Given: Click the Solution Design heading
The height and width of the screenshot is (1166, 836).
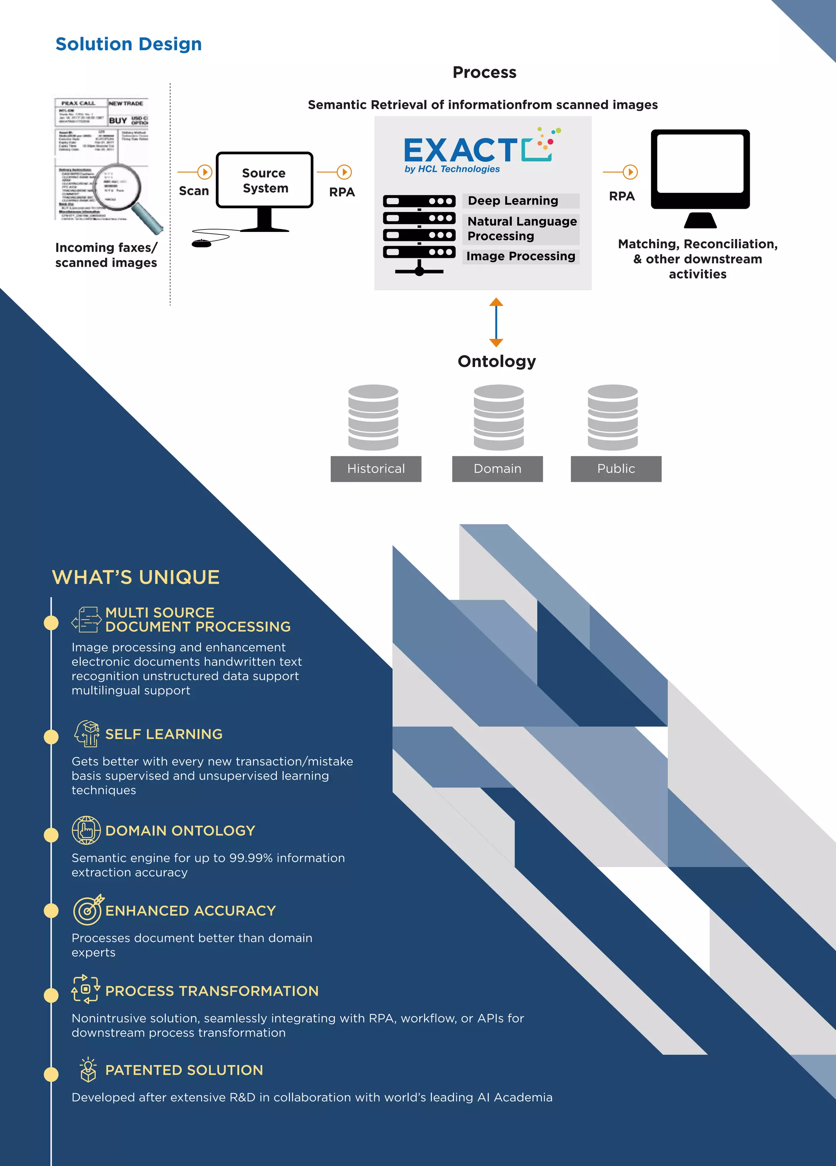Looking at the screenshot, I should (x=129, y=44).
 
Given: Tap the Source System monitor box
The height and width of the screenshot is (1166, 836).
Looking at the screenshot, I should (x=264, y=181).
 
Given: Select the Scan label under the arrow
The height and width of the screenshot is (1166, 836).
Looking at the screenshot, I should (x=194, y=191).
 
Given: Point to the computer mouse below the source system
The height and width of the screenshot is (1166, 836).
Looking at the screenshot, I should (x=201, y=243).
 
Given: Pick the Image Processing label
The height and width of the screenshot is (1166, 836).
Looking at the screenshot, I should (x=520, y=256).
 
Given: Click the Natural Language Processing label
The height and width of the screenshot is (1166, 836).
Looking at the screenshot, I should (x=522, y=229).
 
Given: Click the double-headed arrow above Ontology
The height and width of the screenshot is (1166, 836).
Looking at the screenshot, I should (x=496, y=322).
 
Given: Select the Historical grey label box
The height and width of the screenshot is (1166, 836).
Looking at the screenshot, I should (x=376, y=468).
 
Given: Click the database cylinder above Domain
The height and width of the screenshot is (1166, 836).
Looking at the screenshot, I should (x=498, y=417).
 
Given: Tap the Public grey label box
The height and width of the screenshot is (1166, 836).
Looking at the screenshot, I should (x=616, y=468).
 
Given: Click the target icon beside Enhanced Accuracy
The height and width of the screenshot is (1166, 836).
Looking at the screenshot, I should (x=88, y=910).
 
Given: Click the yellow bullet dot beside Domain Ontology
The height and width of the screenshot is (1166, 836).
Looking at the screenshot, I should (x=51, y=834).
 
